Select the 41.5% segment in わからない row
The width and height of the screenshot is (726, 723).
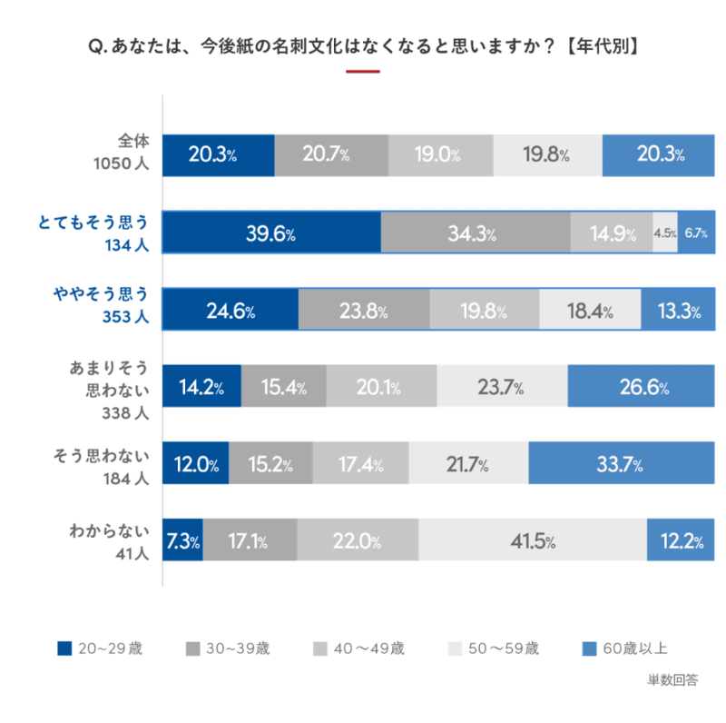coord(533,541)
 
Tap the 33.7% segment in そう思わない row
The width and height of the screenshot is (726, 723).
coord(621,465)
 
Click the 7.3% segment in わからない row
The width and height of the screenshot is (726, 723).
coord(182,541)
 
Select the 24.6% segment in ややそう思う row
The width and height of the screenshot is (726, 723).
coord(231,311)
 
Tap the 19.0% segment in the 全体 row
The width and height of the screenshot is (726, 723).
coord(441,154)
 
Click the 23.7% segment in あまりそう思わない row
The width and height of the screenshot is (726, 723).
coord(501,388)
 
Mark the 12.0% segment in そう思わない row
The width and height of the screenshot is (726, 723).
coord(196,465)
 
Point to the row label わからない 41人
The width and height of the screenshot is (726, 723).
coord(109,541)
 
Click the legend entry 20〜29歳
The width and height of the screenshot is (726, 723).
coord(100,649)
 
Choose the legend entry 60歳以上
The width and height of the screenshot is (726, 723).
coord(625,649)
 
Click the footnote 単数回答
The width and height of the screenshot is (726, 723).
coord(672,678)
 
